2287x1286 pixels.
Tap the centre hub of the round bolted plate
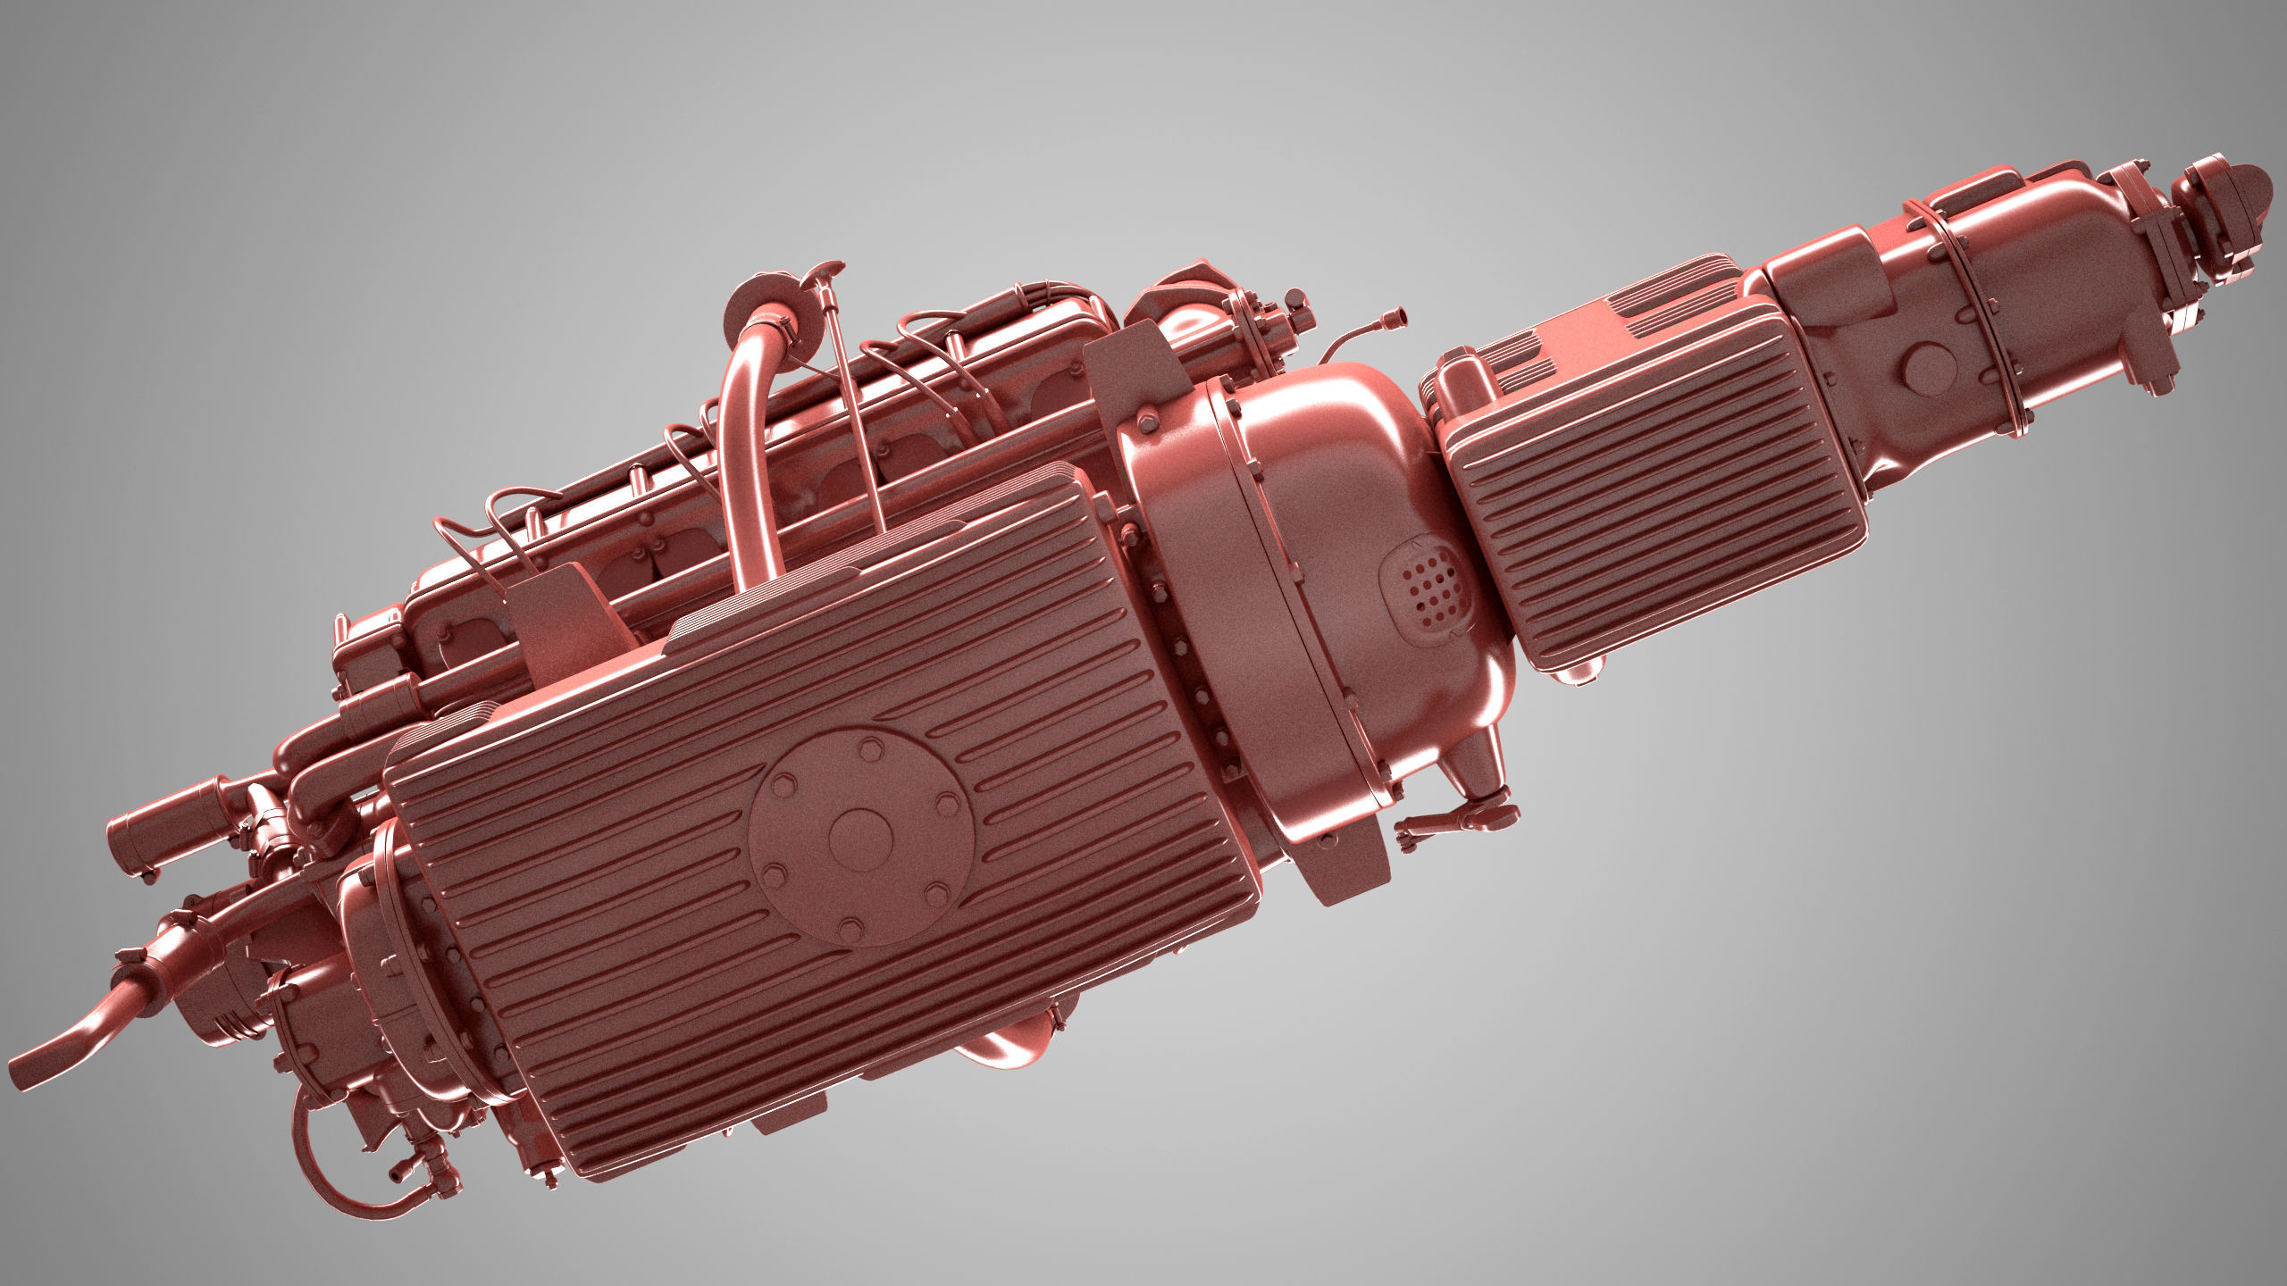[860, 835]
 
